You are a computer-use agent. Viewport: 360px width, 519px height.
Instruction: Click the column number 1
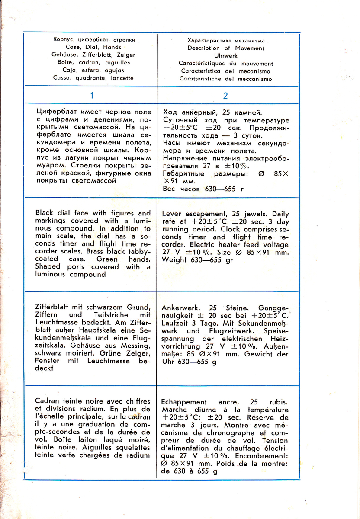92,96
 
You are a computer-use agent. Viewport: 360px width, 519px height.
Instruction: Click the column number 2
225,96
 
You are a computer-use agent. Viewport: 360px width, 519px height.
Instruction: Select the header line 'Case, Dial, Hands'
93,47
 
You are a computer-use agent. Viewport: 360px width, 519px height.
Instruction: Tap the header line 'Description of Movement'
225,48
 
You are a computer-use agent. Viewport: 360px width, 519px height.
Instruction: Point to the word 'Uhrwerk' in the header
225,56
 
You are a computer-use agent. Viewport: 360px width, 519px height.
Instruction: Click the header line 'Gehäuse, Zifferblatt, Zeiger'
93,55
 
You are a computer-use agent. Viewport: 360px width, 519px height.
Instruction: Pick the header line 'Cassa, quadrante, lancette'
93,78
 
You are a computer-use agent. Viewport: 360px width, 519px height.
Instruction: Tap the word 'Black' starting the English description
44,213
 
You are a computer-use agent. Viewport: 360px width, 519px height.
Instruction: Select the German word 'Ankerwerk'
180,308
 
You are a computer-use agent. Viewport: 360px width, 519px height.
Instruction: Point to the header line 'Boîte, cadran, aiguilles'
93,63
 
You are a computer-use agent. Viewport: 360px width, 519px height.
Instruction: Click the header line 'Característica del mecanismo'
225,71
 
